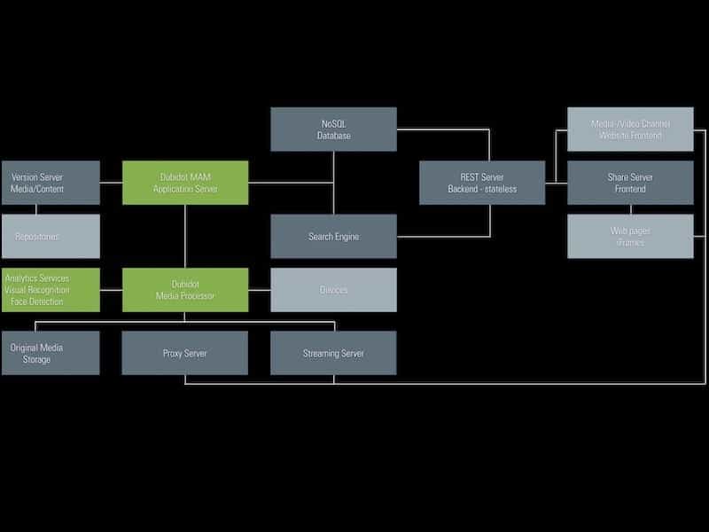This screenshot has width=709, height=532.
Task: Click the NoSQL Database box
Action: pyautogui.click(x=333, y=129)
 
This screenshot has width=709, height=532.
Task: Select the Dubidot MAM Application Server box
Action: pyautogui.click(x=185, y=183)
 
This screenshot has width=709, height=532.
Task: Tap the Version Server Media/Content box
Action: pyautogui.click(x=51, y=183)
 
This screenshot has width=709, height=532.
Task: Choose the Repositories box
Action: pyautogui.click(x=51, y=236)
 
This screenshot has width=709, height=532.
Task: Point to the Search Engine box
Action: pyautogui.click(x=333, y=236)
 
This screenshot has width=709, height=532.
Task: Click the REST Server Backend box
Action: pyautogui.click(x=481, y=183)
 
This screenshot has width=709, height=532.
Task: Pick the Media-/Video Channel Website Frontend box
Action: pyautogui.click(x=630, y=129)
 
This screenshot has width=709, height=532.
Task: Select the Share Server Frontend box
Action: pyautogui.click(x=630, y=183)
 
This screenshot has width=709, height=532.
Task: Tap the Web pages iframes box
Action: pyautogui.click(x=630, y=236)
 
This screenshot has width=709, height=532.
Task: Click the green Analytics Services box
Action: pyautogui.click(x=51, y=290)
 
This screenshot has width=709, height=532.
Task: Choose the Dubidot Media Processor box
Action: pyautogui.click(x=185, y=290)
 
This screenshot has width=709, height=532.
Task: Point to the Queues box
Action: pyautogui.click(x=333, y=290)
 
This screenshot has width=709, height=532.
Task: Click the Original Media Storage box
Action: pyautogui.click(x=51, y=353)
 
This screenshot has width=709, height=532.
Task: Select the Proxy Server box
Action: pyautogui.click(x=185, y=353)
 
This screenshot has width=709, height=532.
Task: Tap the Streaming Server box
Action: pyautogui.click(x=333, y=353)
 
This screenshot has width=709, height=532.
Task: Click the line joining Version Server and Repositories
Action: pyautogui.click(x=36, y=210)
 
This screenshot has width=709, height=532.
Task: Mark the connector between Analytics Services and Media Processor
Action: pyautogui.click(x=111, y=290)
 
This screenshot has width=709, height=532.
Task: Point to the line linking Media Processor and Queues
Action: pyautogui.click(x=259, y=290)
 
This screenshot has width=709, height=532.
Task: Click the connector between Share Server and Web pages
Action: pyautogui.click(x=630, y=210)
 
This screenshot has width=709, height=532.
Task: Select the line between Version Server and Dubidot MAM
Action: pyautogui.click(x=111, y=183)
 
